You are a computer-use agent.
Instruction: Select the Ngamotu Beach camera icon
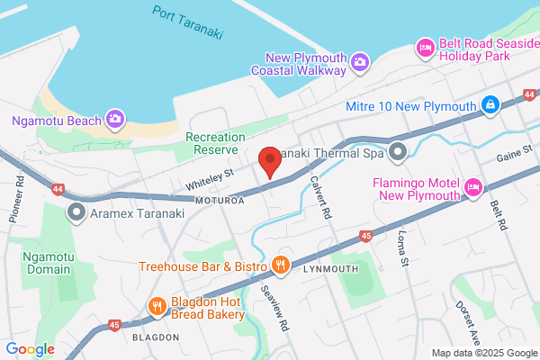[115, 118]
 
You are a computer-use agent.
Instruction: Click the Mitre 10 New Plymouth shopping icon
[490, 105]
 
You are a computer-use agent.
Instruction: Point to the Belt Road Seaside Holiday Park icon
[425, 46]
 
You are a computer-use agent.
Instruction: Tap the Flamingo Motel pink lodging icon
[474, 186]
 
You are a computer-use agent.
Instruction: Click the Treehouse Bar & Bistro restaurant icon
[282, 265]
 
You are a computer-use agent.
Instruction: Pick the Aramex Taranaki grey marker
[76, 212]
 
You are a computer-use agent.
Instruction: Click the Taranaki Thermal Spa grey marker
[397, 152]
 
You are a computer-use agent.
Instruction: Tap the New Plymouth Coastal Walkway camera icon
[359, 61]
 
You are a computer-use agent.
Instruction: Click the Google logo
[30, 349]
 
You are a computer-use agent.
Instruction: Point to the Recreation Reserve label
[211, 143]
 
